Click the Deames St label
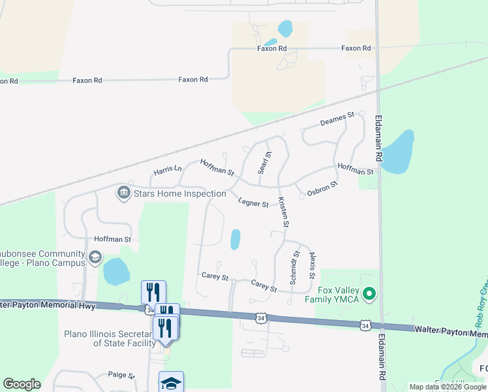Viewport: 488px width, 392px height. [x=337, y=119]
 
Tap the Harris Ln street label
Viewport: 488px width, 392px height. [x=168, y=170]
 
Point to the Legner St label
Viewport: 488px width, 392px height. [x=253, y=203]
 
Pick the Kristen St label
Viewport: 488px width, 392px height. [x=282, y=212]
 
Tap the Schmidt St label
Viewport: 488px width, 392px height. [x=294, y=267]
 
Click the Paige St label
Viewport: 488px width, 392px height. [x=121, y=376]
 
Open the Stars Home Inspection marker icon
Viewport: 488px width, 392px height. [x=123, y=193]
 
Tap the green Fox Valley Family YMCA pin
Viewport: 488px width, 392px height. [x=370, y=295]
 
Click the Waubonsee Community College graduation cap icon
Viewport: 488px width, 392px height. [x=95, y=257]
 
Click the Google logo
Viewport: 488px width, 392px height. [x=22, y=384]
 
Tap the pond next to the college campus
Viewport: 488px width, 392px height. [x=115, y=272]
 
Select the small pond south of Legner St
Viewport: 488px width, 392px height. [x=235, y=239]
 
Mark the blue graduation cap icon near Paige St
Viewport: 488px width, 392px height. [x=171, y=382]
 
